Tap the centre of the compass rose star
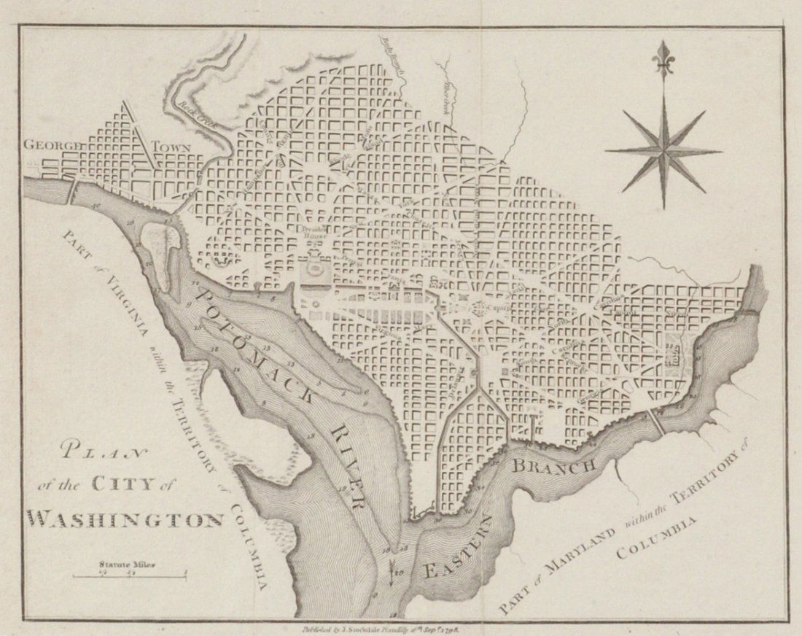(x=663, y=151)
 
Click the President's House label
(x=316, y=233)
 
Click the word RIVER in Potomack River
(x=348, y=467)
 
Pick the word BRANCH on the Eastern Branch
(x=556, y=465)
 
